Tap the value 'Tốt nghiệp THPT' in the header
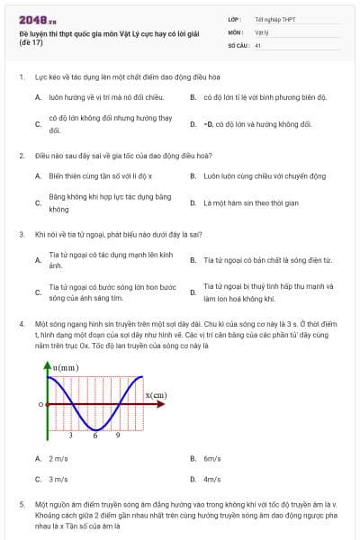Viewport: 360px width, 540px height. click(x=274, y=19)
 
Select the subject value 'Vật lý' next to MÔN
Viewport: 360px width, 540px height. click(x=263, y=31)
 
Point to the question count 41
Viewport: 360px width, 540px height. click(x=258, y=44)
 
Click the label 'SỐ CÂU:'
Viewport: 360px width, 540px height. click(x=238, y=44)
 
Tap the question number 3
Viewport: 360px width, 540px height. click(x=21, y=234)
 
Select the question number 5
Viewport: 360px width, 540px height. click(x=21, y=506)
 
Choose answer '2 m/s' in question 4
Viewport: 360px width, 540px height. click(x=58, y=458)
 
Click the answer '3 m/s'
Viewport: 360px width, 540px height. click(x=58, y=480)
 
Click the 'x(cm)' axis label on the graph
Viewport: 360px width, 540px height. click(x=156, y=394)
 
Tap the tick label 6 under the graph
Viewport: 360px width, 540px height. click(x=95, y=435)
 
